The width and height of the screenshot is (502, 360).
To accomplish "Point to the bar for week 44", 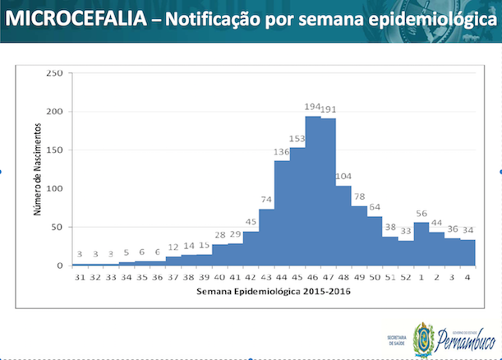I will [282, 213].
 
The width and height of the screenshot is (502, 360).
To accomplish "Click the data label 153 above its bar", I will [297, 139].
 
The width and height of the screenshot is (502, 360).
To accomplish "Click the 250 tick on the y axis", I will [54, 73].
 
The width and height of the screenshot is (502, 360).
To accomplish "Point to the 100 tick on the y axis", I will [54, 188].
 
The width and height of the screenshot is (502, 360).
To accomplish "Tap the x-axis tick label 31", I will [80, 277].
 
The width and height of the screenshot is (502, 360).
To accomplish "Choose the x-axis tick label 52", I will [406, 277].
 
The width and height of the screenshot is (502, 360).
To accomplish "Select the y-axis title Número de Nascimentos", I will [39, 169].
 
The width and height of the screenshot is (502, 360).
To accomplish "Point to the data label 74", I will [266, 200].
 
